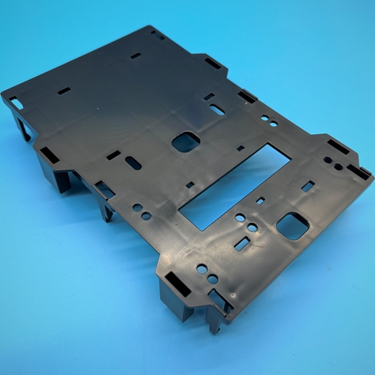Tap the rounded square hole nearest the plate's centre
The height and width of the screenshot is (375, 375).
click(x=186, y=142)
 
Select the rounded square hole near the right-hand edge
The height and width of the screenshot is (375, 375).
click(x=292, y=225)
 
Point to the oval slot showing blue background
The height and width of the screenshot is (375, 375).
click(x=217, y=109)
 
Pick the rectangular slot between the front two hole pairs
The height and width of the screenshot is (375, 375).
click(x=241, y=244)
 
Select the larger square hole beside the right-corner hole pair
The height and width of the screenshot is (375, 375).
click(x=307, y=186)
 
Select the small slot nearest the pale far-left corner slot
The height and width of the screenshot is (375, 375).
click(x=64, y=91)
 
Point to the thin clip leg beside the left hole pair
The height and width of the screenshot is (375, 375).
click(x=107, y=211)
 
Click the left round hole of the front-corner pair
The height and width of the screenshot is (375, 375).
click(x=202, y=268)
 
